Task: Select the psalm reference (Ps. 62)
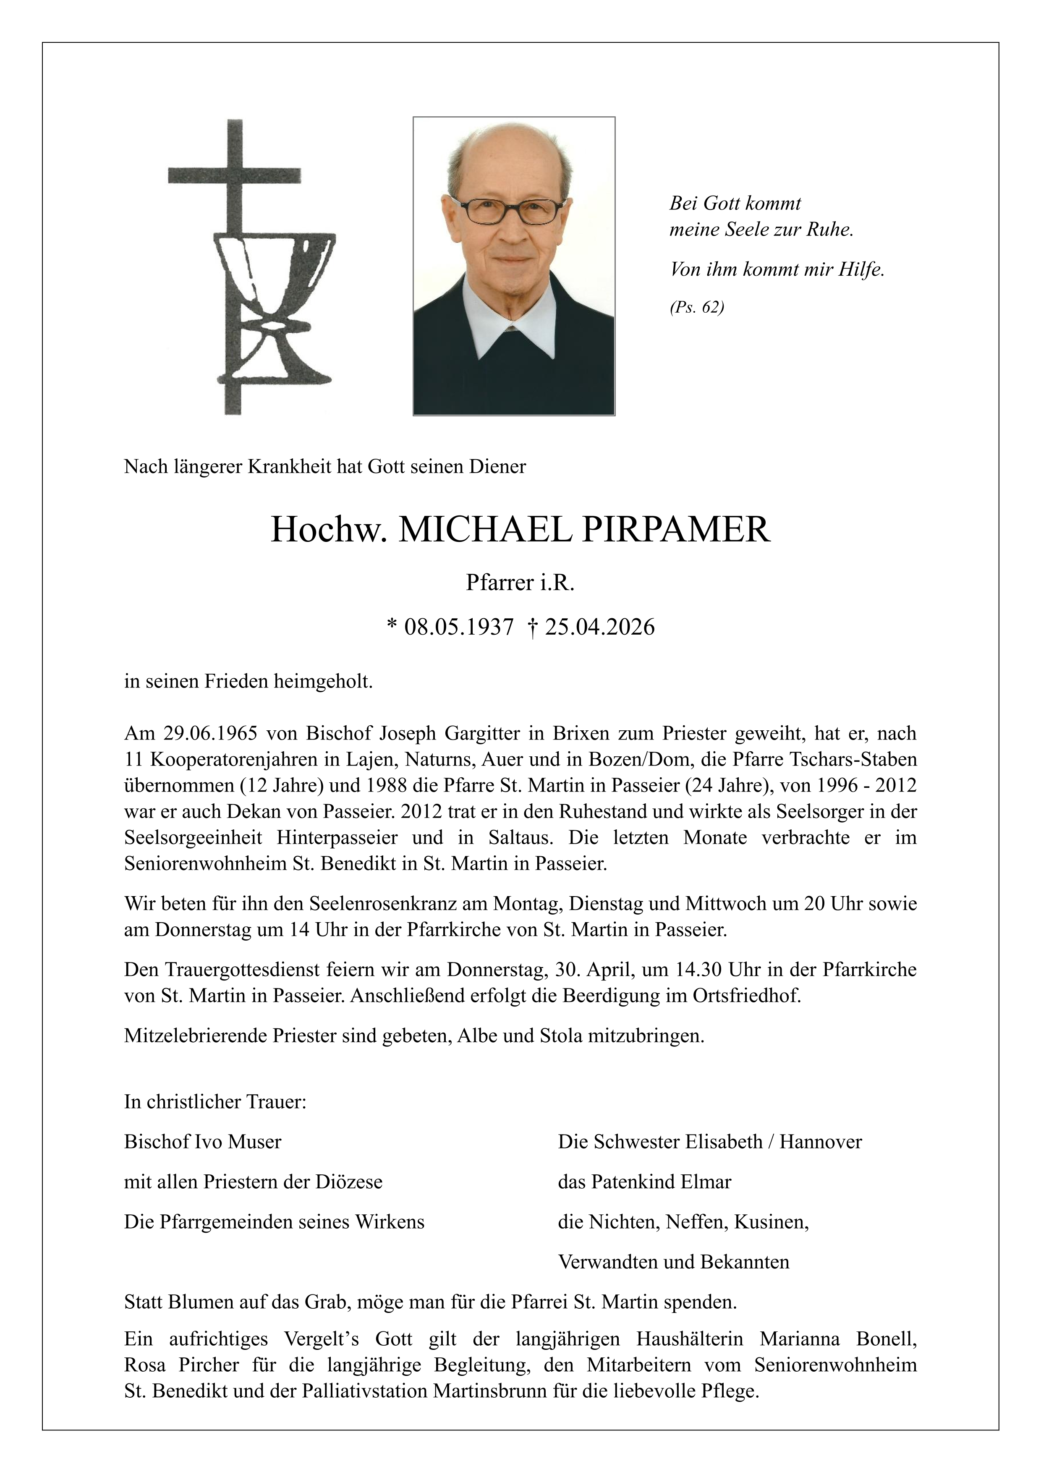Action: pos(697,308)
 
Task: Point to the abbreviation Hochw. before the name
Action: pos(328,530)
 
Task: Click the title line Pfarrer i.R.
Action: pos(520,582)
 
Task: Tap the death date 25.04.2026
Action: pos(600,626)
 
